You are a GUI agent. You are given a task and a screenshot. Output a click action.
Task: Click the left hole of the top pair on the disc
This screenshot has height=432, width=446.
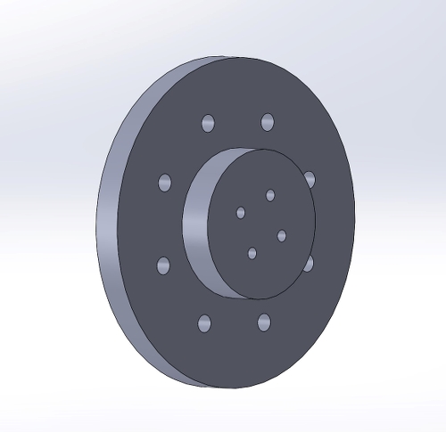209,123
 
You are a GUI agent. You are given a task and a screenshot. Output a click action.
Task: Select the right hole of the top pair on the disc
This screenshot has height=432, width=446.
268,121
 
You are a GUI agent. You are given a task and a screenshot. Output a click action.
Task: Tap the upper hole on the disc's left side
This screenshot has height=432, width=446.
165,182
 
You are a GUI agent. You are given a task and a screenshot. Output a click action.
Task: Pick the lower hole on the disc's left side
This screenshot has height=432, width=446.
163,265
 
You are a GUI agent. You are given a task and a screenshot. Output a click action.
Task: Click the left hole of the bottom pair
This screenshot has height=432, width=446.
205,323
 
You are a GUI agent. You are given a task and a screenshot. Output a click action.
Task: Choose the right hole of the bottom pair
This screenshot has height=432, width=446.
264,322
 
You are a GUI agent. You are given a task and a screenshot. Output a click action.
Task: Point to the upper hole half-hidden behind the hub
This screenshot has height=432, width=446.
310,179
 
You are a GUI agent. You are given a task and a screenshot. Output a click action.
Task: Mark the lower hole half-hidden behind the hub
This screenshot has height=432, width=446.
309,264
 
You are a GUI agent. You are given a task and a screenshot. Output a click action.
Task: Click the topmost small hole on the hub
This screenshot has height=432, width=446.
270,195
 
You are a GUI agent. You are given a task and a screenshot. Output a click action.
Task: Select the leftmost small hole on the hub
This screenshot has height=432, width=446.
240,212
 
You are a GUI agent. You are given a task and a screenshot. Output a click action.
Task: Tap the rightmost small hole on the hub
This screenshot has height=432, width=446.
282,235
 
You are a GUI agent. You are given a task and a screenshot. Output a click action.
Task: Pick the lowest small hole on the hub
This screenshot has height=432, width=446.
252,253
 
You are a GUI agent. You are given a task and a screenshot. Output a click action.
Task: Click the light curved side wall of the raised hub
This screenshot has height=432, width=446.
197,223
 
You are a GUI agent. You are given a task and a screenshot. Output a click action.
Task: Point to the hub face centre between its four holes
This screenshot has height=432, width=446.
261,224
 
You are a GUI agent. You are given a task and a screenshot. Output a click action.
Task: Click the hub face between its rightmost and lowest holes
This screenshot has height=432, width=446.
268,244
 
